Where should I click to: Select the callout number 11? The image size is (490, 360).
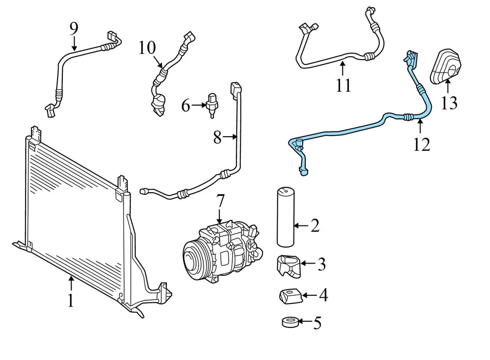(344, 85)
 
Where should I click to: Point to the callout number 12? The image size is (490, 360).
(422, 144)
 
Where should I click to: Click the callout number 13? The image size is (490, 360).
(449, 103)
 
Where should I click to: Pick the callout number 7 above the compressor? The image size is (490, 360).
(220, 202)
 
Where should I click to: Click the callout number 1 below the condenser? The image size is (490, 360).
(71, 300)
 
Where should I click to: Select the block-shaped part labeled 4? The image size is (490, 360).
(288, 295)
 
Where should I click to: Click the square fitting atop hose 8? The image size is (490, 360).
(235, 89)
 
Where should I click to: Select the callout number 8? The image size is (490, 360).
(218, 137)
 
